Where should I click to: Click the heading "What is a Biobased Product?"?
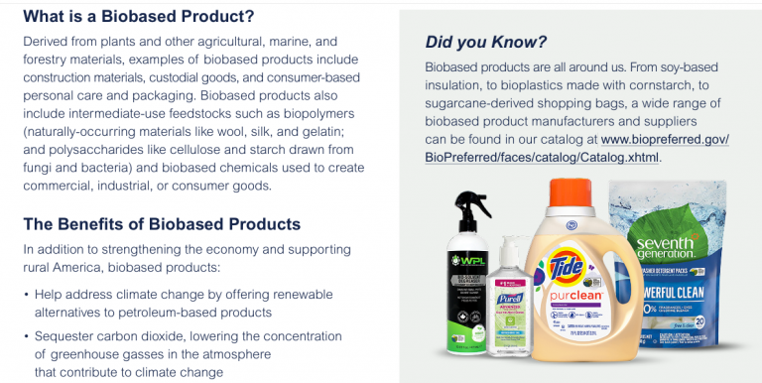coord(138,17)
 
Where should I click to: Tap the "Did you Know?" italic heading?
coord(485,42)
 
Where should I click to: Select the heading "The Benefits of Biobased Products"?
coord(161,224)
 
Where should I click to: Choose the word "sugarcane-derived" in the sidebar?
coord(482,103)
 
